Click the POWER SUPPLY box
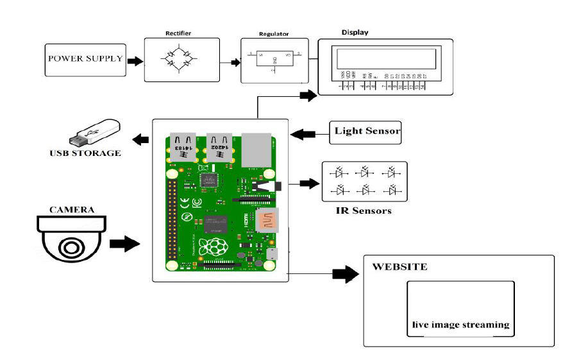click(x=85, y=59)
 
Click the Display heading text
click(x=355, y=32)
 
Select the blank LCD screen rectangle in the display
click(x=385, y=58)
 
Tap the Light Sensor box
click(x=366, y=132)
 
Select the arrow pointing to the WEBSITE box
click(x=346, y=274)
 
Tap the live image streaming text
click(x=460, y=325)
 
